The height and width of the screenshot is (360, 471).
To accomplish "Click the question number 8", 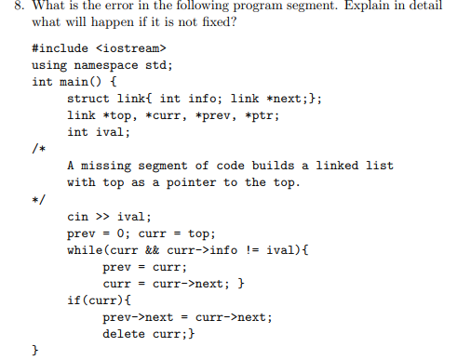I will click(x=11, y=8).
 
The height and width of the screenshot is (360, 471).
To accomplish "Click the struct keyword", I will click(x=89, y=98).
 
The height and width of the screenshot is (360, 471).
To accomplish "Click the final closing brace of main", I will click(x=35, y=351).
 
